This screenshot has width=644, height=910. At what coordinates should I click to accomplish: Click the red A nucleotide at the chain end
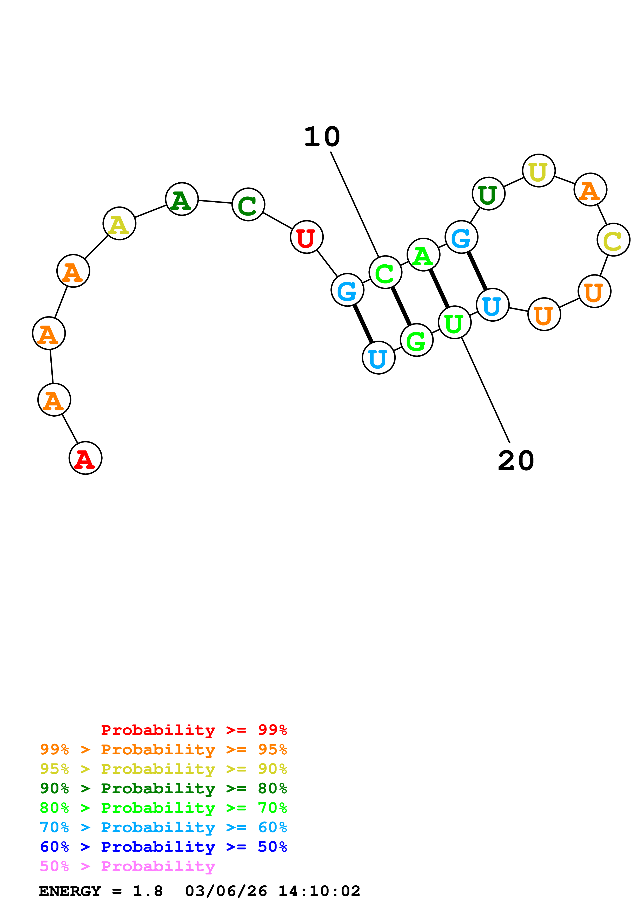pos(85,458)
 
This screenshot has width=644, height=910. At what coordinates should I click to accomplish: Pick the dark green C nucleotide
pos(248,204)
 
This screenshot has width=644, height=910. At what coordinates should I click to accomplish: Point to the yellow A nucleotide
pos(119,224)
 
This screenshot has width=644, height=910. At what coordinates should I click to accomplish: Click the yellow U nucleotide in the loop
pos(539,171)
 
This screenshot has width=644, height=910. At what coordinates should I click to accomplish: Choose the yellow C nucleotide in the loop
pos(613,240)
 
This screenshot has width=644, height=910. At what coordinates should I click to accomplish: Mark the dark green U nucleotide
pos(488,194)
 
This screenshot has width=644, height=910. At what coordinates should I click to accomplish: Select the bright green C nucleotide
pos(385,272)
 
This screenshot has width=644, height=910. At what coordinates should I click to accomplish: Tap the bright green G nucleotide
pos(416,340)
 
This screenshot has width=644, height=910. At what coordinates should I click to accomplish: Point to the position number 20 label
pos(516,461)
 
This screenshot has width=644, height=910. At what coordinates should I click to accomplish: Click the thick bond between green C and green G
pos(401,306)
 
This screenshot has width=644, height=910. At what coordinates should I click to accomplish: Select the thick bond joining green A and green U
pos(439,288)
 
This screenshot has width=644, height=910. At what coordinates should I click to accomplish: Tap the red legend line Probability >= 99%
pos(194,730)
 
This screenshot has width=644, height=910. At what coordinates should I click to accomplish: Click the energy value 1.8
pos(148,891)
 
